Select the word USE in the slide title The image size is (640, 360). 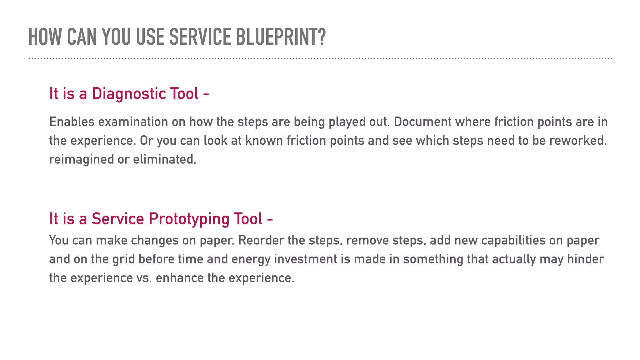(x=150, y=37)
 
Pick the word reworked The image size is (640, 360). (x=577, y=141)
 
